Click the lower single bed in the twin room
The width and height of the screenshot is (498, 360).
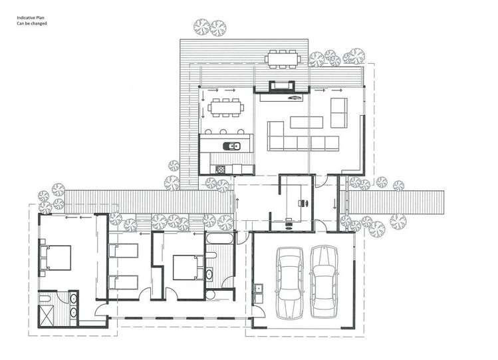[122, 282]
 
